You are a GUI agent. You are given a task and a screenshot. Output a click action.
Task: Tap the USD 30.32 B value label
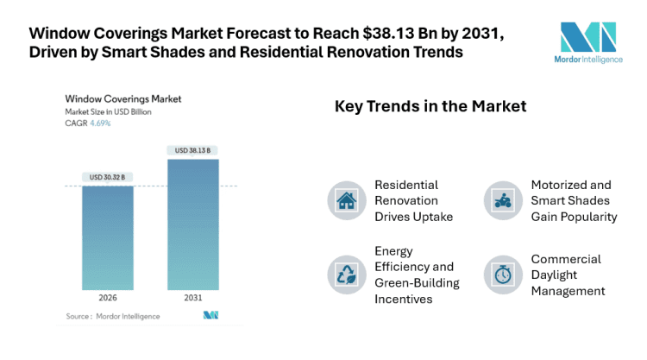[x=108, y=178]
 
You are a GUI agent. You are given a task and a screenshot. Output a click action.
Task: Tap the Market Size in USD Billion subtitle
[x=110, y=112]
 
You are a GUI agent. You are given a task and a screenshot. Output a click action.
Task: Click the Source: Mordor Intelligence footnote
[x=113, y=316]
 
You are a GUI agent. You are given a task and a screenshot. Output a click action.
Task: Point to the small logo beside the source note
[x=210, y=316]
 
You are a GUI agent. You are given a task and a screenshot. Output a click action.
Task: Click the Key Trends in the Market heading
[x=430, y=107]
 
